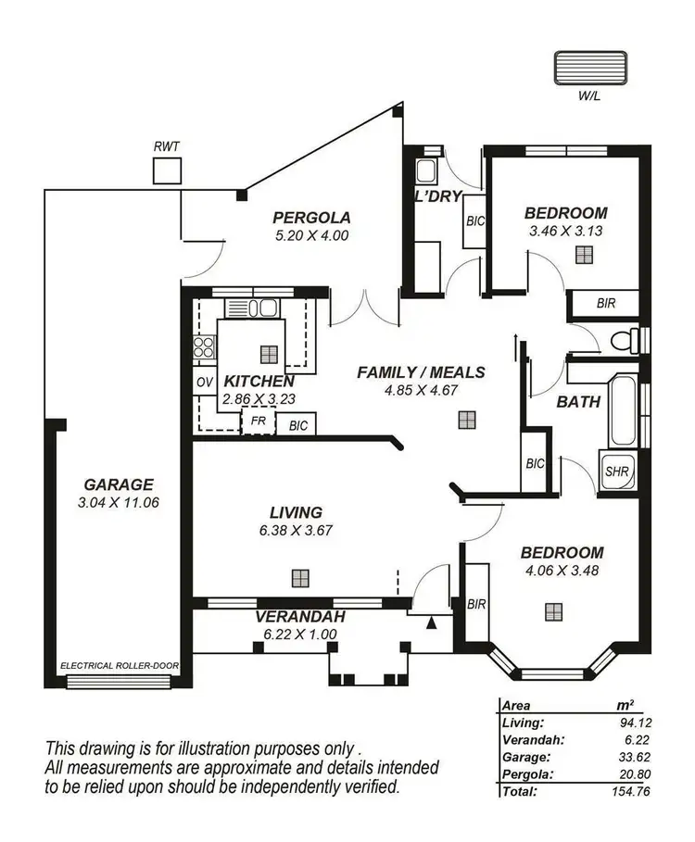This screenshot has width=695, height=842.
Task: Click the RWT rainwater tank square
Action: point(167,171)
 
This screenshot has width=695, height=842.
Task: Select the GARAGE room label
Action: point(118,484)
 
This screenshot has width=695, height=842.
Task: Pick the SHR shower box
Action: point(616,471)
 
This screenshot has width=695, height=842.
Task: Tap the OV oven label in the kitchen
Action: point(204,382)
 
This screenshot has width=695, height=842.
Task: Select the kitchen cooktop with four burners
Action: point(204,348)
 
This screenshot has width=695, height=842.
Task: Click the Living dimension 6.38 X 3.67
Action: point(296,531)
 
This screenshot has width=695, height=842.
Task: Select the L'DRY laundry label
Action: point(433,197)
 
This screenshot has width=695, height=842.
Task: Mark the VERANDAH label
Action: point(301,617)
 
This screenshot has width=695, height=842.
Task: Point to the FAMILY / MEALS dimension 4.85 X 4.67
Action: point(421,390)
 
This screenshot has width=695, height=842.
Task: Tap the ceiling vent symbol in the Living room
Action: point(299,577)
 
